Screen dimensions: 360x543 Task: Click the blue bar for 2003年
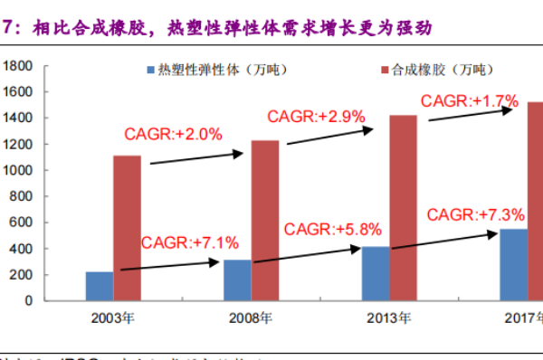(100, 286)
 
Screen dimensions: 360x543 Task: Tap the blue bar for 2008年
(238, 279)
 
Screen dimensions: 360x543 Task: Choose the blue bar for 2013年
(376, 273)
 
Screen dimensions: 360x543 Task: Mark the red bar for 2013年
(404, 207)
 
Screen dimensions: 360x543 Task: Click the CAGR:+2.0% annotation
(173, 134)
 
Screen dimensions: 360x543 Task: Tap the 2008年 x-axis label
(252, 317)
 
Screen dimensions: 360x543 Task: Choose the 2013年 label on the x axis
(390, 317)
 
